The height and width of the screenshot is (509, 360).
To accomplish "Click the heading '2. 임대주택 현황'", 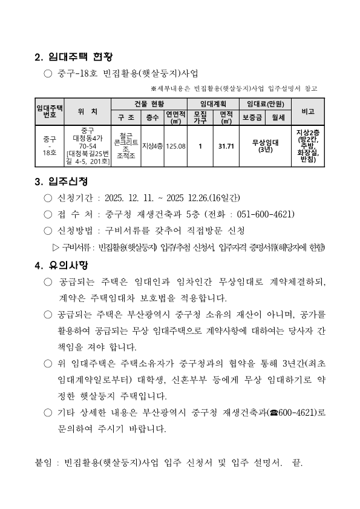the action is click(x=74, y=57).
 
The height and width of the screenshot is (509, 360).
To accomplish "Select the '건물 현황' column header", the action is click(x=149, y=104).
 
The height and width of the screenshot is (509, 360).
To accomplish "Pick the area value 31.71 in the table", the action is click(x=226, y=146).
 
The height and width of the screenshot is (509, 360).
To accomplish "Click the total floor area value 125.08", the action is click(x=175, y=146).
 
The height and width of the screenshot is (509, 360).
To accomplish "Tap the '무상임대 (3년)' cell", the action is click(x=264, y=146).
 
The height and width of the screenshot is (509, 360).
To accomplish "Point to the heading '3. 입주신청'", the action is click(x=61, y=182).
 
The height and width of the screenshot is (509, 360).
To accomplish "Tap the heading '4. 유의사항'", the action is click(x=61, y=265).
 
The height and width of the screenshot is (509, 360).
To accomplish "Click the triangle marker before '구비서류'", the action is click(x=56, y=246).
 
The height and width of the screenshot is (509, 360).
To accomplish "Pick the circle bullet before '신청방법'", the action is click(x=48, y=231).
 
